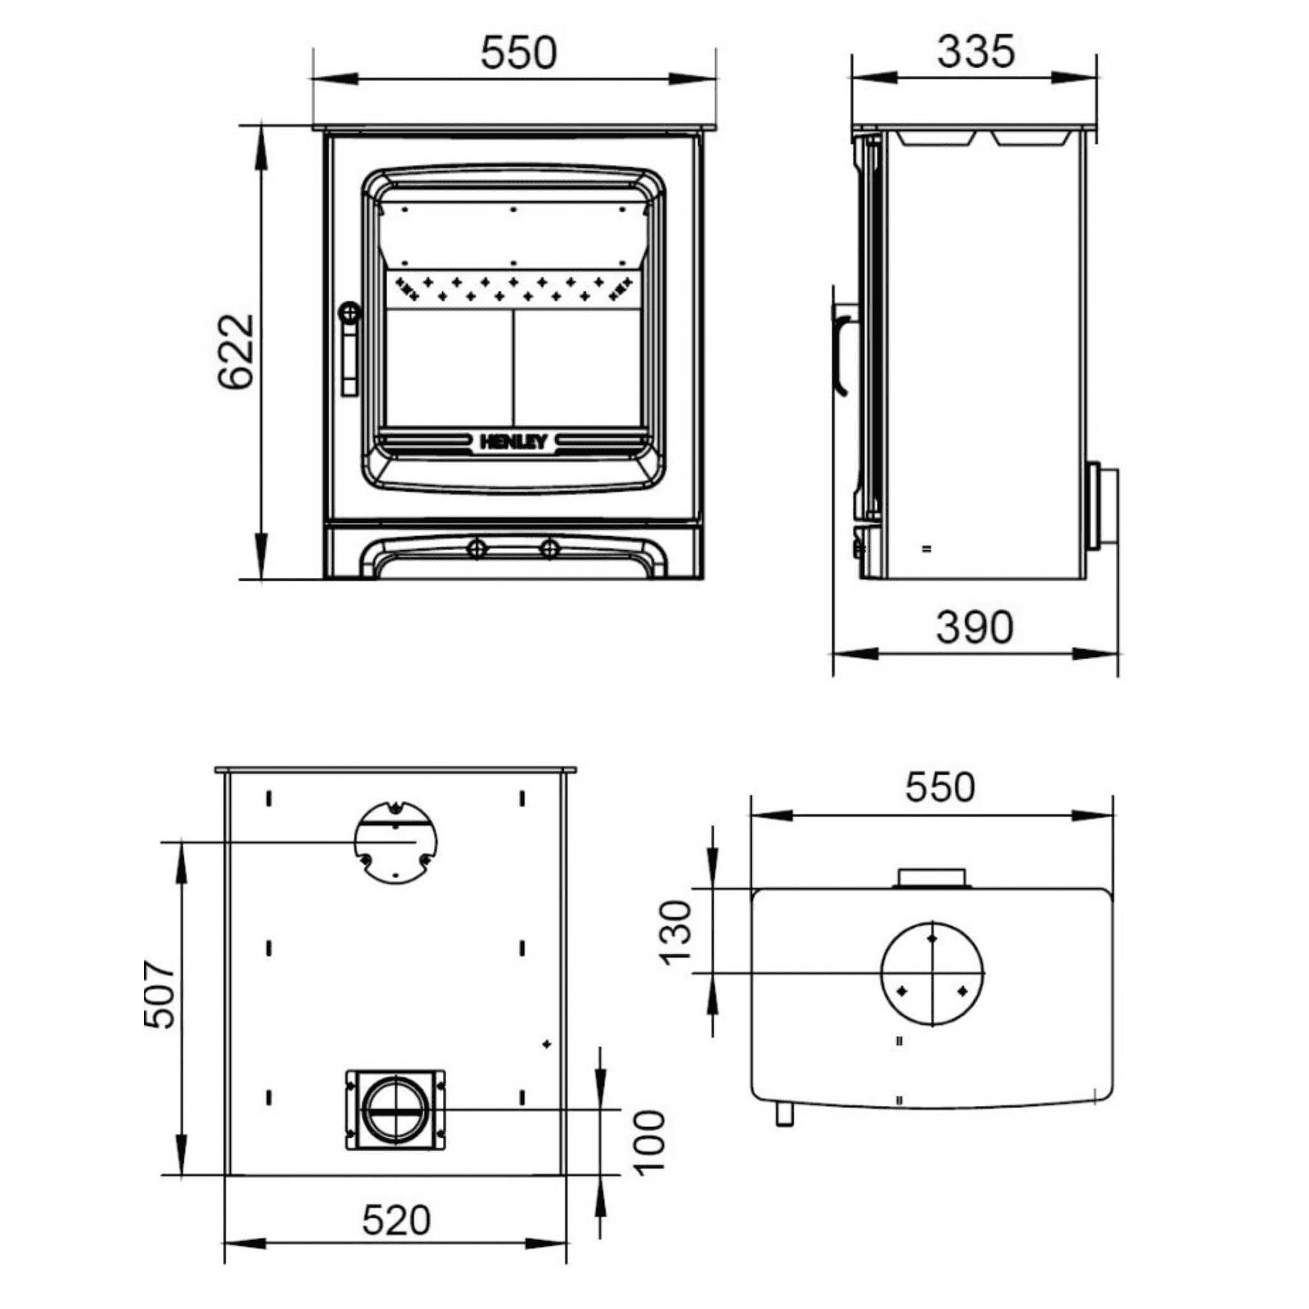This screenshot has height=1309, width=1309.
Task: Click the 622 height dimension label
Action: pos(236,351)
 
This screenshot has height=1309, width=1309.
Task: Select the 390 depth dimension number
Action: pos(975,627)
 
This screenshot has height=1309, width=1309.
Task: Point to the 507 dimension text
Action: pos(160,995)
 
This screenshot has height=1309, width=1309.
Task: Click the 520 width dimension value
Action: pos(396,1220)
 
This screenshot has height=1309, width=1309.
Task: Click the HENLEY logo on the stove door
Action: pos(513,442)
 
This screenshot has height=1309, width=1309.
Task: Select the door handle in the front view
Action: pos(350,348)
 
